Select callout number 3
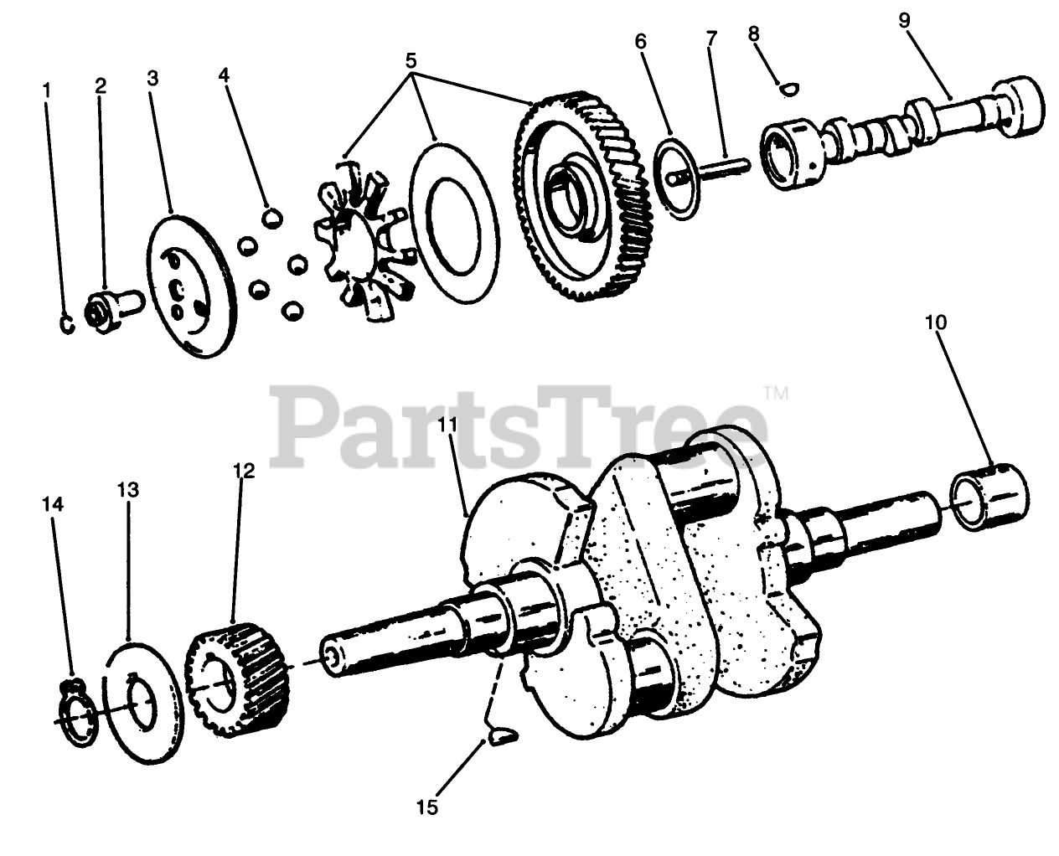[x=152, y=79]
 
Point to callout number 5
[x=411, y=61]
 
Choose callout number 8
[x=753, y=34]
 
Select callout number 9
[x=904, y=19]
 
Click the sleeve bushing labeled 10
[x=990, y=498]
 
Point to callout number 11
[x=447, y=425]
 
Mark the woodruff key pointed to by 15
[x=501, y=736]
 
